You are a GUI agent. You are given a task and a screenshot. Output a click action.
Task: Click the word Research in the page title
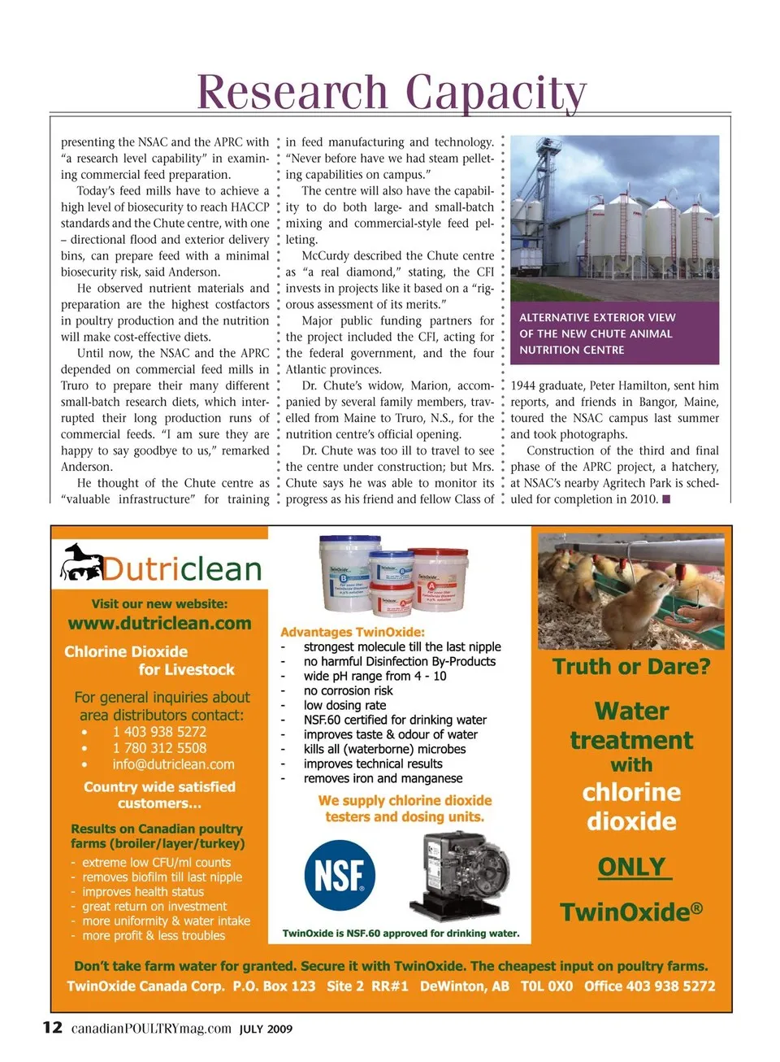click(292, 92)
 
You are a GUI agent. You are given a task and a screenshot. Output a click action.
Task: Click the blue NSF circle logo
click(340, 876)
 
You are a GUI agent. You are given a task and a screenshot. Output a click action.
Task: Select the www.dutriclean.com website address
click(159, 624)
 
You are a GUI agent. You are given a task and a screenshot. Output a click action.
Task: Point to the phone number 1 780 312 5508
click(159, 748)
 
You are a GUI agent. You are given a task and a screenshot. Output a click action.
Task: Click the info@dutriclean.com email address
click(173, 764)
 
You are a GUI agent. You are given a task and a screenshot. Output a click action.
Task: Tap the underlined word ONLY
click(632, 867)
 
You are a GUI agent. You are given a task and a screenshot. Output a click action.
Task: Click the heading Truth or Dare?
click(631, 667)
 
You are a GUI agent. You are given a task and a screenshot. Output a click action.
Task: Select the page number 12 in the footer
click(52, 1028)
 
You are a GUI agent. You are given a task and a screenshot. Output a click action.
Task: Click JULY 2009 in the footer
click(266, 1029)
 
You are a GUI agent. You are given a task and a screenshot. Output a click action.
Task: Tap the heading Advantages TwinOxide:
click(353, 632)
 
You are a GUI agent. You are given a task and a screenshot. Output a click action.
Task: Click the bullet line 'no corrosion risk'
click(348, 690)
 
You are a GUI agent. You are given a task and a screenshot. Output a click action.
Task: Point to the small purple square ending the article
click(666, 499)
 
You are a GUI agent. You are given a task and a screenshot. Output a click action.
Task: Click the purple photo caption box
click(614, 333)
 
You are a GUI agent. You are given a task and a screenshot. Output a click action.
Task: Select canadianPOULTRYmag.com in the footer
click(151, 1029)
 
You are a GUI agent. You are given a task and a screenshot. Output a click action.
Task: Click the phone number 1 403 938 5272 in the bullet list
click(159, 732)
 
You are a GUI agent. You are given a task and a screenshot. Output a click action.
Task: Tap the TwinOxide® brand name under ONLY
click(631, 912)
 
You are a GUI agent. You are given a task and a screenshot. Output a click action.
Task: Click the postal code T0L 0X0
click(547, 986)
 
